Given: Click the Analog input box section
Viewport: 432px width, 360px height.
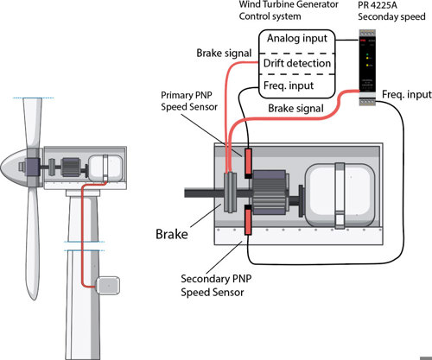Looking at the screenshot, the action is click(297, 41).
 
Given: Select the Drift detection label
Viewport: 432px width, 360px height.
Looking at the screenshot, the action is click(297, 63).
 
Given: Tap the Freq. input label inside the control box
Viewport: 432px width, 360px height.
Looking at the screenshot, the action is click(289, 85).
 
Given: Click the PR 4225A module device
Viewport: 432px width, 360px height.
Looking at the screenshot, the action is click(367, 67).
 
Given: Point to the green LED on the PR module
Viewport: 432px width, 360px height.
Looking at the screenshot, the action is click(367, 54).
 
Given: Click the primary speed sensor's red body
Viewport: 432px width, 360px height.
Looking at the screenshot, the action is click(248, 161).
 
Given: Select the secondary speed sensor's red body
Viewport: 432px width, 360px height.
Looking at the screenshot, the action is click(248, 222).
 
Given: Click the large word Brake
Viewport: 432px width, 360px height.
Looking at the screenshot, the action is click(172, 234).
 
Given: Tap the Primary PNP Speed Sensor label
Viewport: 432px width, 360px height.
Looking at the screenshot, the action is click(189, 101).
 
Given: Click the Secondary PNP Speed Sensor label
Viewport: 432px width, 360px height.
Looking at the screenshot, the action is click(216, 286).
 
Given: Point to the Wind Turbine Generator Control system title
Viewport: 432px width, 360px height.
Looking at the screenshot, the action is click(289, 10).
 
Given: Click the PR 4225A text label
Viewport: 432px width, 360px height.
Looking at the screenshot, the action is click(378, 4).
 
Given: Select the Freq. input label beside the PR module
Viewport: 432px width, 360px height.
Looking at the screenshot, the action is click(406, 94).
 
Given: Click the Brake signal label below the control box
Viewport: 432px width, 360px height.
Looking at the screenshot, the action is click(295, 109).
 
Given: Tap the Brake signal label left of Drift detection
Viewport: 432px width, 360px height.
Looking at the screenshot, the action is click(224, 54).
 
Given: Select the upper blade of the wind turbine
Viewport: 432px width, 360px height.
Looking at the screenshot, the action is click(32, 123).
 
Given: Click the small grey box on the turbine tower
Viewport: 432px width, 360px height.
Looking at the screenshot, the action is click(108, 285).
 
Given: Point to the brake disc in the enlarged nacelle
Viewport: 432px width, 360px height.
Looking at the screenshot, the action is click(231, 193).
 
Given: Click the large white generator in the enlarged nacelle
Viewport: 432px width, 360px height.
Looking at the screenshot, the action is click(340, 196).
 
